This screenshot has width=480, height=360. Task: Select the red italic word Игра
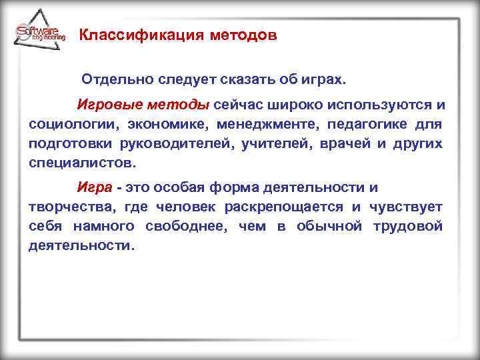(x=92, y=189)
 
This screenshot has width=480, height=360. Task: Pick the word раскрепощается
(x=284, y=208)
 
